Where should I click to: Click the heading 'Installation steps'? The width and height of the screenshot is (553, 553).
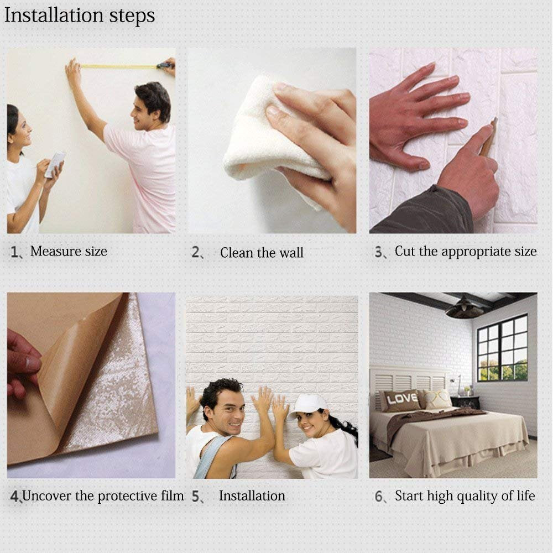coord(80,15)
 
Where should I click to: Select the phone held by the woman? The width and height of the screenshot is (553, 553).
coord(54,165)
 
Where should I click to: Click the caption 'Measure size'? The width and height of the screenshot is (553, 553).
coord(69,252)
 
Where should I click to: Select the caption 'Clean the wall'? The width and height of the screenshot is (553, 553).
coord(262,253)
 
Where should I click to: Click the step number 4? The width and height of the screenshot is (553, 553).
coord(15,497)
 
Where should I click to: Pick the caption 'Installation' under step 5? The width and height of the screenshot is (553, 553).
coord(252,496)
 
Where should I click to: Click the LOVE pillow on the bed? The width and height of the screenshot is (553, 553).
coord(401,400)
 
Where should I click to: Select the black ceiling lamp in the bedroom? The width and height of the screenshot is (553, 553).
coord(465,308)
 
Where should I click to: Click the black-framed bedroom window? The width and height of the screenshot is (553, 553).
coord(502,347)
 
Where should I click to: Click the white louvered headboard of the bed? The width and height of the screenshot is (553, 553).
coord(409,382)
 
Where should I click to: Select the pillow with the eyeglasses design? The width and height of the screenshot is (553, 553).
coord(439,399)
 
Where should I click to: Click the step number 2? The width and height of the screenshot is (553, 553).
coord(196,253)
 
